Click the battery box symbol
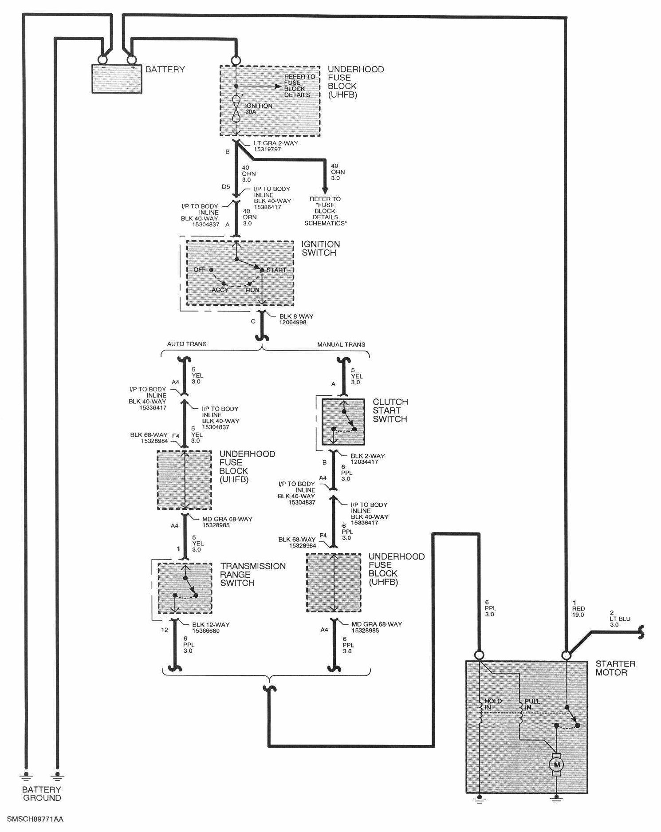point(117,79)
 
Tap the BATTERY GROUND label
point(42,793)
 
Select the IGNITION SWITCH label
point(320,248)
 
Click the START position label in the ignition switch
point(276,270)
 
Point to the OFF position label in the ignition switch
point(200,269)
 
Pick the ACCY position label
point(220,290)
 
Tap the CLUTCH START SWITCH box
point(343,422)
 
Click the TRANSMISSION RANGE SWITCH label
point(253,574)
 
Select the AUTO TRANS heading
point(187,344)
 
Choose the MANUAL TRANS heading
point(341,344)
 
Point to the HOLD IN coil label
point(493,704)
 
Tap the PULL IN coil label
point(532,704)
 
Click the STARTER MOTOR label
point(615,668)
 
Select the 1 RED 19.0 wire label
point(578,608)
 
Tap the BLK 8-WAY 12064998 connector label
point(296,319)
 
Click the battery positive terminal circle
point(131,59)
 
